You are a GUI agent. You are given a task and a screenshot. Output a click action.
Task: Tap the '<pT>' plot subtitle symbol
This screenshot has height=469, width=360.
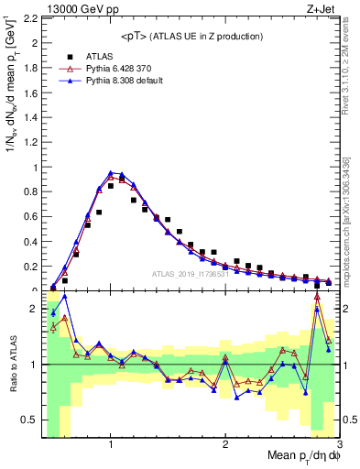pos(136,36)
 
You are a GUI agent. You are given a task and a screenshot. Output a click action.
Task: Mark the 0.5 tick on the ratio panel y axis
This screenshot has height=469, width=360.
pos(29,420)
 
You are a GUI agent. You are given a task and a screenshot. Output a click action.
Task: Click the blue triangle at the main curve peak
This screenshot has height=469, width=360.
pos(111,173)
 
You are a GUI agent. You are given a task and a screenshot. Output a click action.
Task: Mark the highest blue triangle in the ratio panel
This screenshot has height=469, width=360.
pos(64,296)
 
